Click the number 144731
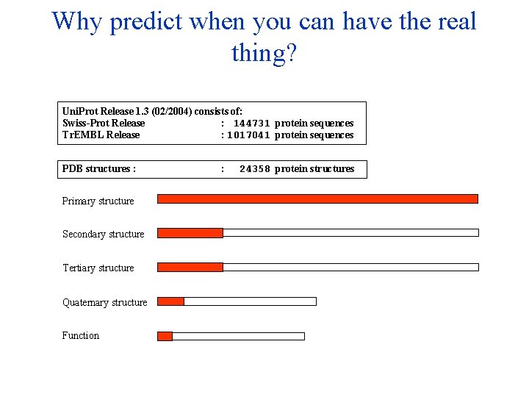click(x=252, y=124)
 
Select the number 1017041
click(x=249, y=135)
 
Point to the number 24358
click(x=255, y=169)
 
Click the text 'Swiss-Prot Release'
click(x=104, y=124)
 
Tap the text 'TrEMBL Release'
click(x=101, y=135)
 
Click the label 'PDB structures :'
click(x=98, y=169)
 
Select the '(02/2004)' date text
click(x=170, y=111)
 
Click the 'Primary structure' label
click(x=98, y=201)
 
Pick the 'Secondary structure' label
click(x=103, y=235)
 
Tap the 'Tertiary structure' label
click(x=98, y=268)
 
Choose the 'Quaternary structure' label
click(x=104, y=302)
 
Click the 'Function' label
click(x=81, y=336)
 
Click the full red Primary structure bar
click(x=317, y=198)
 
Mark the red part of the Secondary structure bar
click(x=190, y=233)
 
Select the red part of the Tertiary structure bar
click(x=190, y=267)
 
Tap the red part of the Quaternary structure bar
click(x=170, y=301)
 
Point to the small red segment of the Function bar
click(x=165, y=336)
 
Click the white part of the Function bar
click(x=238, y=336)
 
